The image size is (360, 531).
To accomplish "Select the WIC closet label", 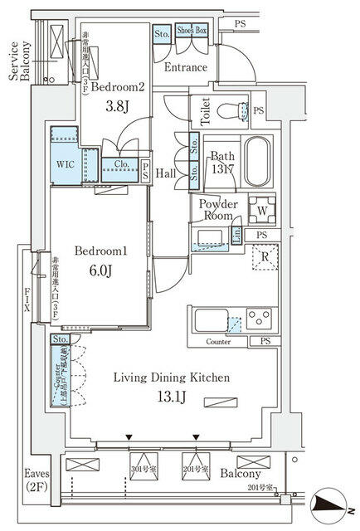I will point(66,165).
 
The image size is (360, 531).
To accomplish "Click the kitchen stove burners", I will point(259,318).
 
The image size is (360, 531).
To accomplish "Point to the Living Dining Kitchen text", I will point(171,378).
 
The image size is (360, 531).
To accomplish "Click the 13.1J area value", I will point(171,397).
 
